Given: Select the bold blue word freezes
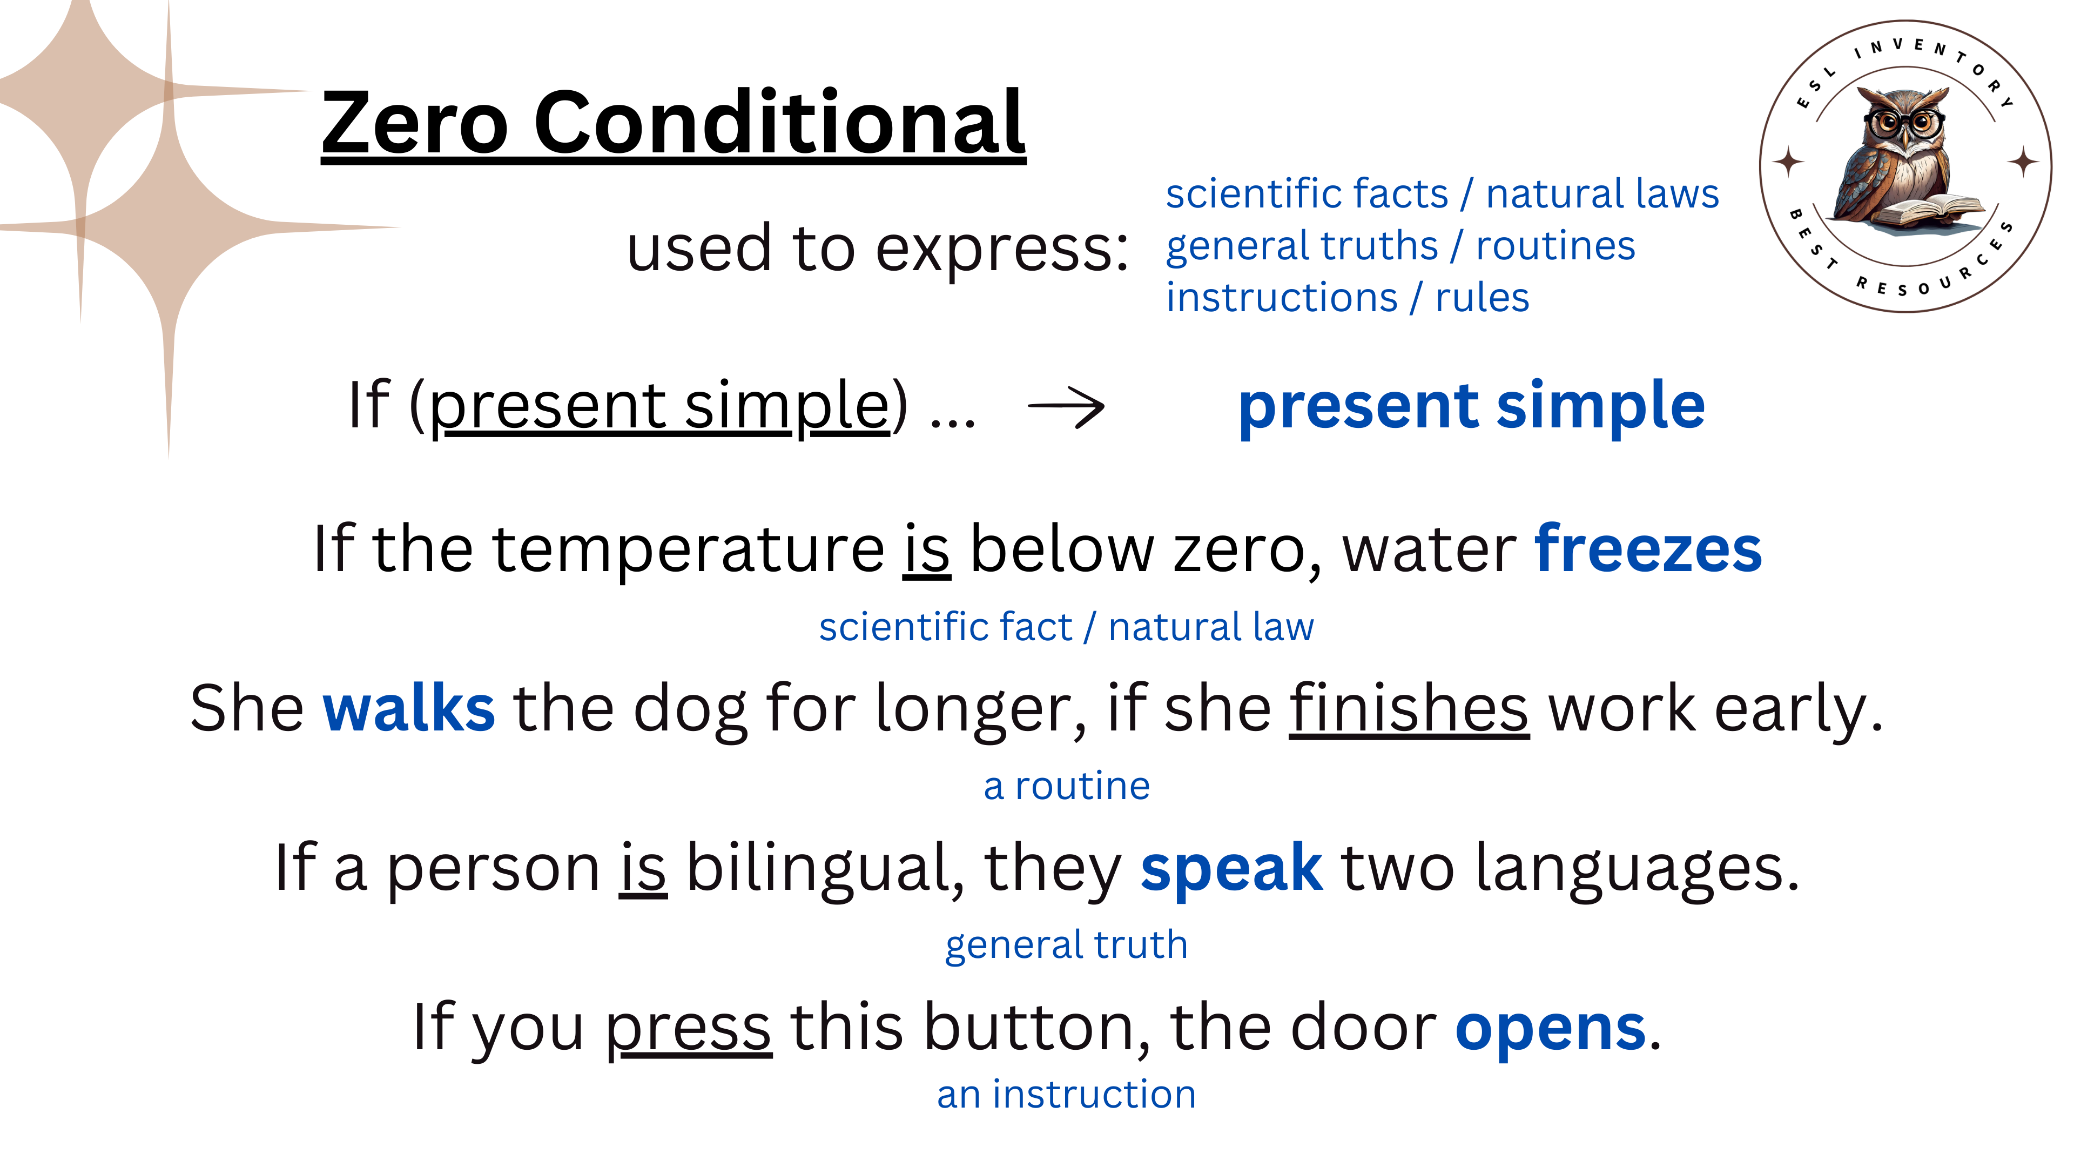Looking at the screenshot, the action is point(1648,548).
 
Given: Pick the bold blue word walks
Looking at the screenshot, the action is point(409,707).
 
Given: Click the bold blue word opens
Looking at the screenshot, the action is point(1551,1029).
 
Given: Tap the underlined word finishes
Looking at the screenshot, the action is point(1409,707).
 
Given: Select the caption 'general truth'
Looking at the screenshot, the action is point(1067,945).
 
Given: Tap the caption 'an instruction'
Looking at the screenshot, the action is point(1067,1095).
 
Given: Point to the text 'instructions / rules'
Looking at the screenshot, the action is point(1347,297).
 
